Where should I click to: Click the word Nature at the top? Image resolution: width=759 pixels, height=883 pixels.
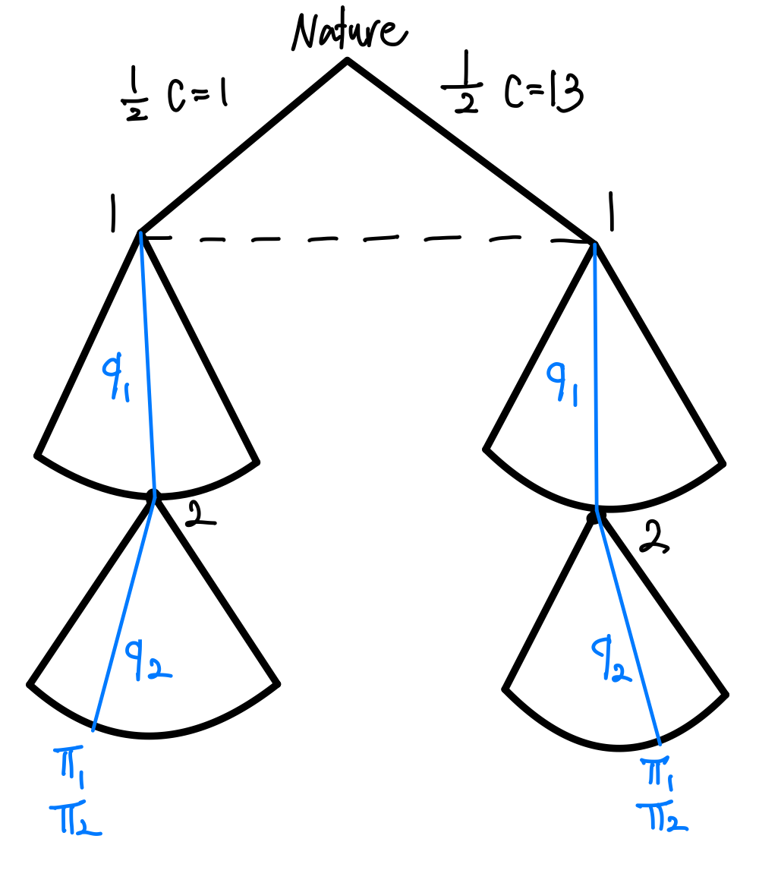click(x=348, y=32)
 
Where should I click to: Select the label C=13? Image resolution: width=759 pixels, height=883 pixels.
click(x=543, y=96)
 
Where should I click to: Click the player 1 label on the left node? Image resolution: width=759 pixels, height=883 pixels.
click(x=114, y=213)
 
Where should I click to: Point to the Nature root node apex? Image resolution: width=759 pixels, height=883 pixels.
click(x=348, y=60)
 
